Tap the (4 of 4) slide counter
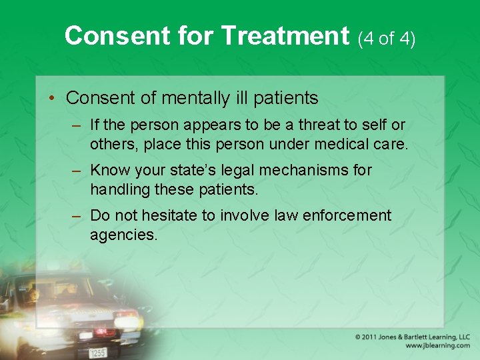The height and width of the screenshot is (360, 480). (x=387, y=39)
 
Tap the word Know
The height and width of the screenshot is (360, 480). (x=110, y=171)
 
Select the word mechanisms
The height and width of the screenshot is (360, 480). (x=313, y=171)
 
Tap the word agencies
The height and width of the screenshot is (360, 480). (x=123, y=235)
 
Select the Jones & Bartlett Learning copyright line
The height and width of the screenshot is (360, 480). (x=413, y=337)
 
